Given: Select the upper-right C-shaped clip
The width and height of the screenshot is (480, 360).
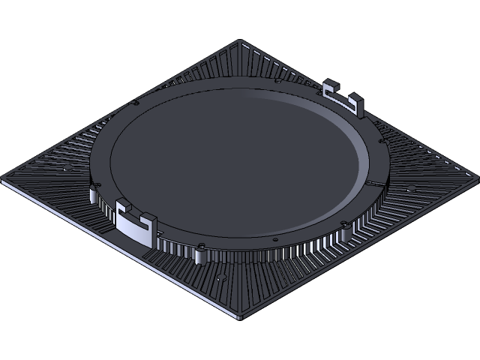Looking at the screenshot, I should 343,98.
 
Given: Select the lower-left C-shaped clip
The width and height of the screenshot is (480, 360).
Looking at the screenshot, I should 136,223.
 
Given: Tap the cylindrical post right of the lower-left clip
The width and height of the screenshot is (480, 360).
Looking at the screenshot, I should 198,256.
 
